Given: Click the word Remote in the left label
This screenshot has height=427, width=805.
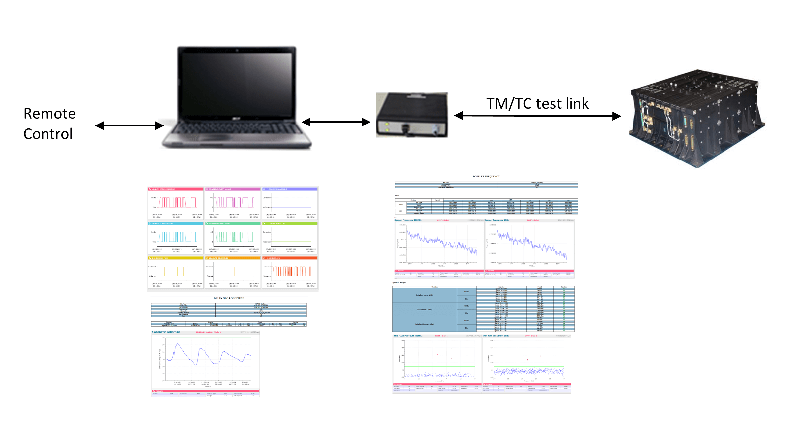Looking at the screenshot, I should [49, 114].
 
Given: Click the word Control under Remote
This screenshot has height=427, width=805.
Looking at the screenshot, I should [48, 134].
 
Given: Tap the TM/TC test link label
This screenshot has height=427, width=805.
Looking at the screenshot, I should [537, 104].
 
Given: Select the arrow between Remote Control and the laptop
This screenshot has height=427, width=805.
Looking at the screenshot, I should [129, 126].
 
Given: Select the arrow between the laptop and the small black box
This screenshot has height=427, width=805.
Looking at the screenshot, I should [336, 122].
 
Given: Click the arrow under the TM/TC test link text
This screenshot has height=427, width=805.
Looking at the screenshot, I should [537, 116].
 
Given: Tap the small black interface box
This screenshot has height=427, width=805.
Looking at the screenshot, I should [412, 115].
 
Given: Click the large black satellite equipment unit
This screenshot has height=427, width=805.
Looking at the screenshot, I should [696, 119].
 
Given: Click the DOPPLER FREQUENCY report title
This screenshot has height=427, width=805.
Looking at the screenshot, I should [486, 176].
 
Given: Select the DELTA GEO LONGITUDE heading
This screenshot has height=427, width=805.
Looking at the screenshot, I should [229, 298].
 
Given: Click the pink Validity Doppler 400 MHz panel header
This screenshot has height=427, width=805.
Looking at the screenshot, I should [175, 189].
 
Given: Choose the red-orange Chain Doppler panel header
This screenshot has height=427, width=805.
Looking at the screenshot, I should [289, 258].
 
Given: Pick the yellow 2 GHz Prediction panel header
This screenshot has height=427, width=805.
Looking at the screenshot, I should [175, 258].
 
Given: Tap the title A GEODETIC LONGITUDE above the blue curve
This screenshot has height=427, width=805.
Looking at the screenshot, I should [166, 332].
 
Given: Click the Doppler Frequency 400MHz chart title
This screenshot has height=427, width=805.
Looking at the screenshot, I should [408, 220].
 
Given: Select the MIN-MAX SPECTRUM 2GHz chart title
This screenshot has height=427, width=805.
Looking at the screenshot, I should [496, 336].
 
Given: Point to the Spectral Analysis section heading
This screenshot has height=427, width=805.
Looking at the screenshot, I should [399, 282].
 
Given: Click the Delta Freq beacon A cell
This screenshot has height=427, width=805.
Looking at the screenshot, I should [424, 295].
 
